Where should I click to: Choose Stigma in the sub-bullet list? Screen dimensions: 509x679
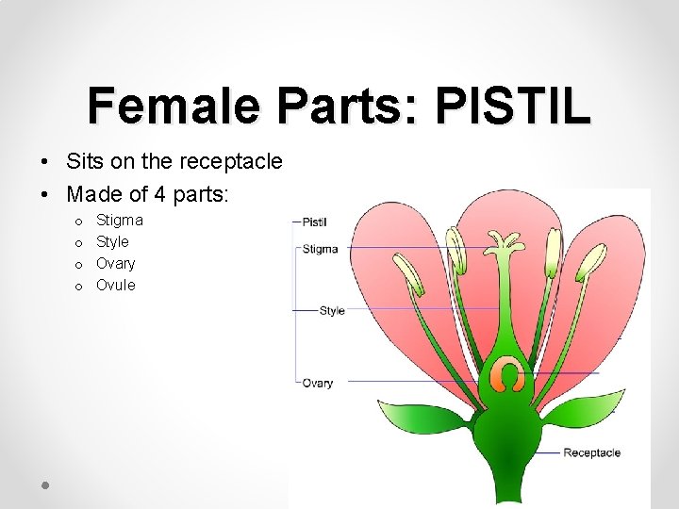point(120,221)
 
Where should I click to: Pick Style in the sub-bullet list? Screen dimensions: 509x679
point(113,242)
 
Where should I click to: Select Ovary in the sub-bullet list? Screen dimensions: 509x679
point(116,264)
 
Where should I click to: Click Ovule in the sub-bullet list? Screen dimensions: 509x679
point(116,286)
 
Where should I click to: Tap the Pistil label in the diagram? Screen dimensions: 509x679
point(314,222)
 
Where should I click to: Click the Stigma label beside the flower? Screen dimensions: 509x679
point(320,250)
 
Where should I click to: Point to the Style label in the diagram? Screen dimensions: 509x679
point(332,311)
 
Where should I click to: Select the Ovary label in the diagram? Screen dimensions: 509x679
point(318,384)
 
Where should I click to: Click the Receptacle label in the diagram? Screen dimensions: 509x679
point(591,453)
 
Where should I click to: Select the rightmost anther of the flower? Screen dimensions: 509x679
point(592,261)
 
